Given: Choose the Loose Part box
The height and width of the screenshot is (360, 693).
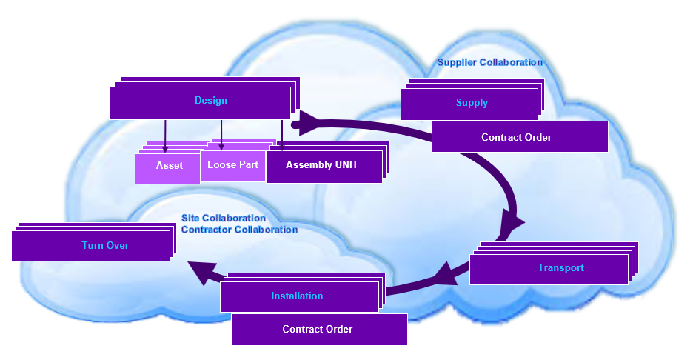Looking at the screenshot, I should (232, 165).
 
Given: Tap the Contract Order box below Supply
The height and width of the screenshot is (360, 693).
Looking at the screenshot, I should (519, 137).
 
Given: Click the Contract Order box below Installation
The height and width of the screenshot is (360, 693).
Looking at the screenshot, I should (319, 330).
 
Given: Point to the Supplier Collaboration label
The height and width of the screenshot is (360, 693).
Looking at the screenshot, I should (489, 63).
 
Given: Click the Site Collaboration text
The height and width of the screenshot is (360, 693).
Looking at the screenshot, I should (224, 219).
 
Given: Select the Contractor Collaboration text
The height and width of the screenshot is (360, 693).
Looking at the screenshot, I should (240, 230).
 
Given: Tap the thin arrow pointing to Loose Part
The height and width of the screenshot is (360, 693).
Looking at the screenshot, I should (221, 135).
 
